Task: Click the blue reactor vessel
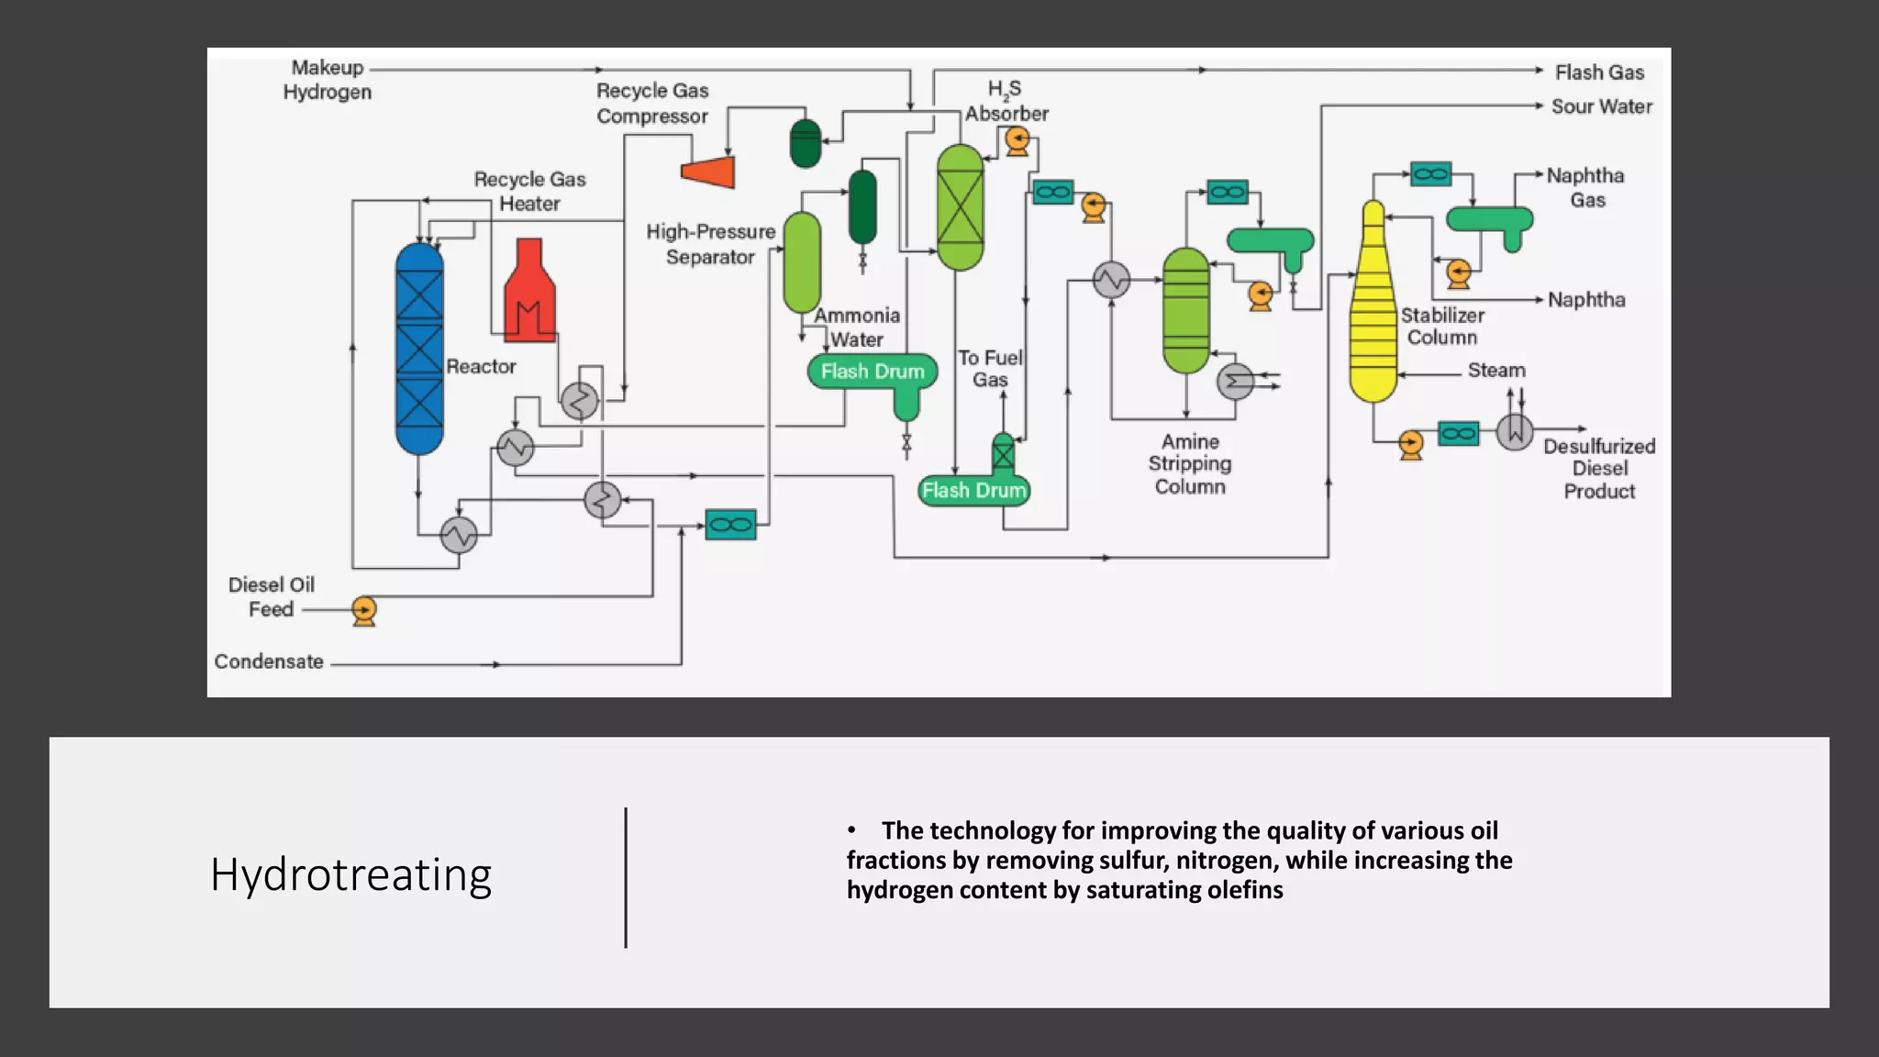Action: (x=419, y=349)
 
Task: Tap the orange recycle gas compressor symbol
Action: (x=709, y=172)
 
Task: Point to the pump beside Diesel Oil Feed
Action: (x=364, y=610)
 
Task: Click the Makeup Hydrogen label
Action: (x=328, y=80)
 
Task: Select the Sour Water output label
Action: (x=1601, y=106)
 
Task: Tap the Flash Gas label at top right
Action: (x=1599, y=72)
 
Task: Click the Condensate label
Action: (x=269, y=662)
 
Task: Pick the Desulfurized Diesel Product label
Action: (x=1599, y=469)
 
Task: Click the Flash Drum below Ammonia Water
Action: (x=873, y=372)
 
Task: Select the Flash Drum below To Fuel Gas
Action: (x=973, y=491)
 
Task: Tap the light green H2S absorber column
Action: (x=960, y=207)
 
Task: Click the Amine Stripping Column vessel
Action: (x=1185, y=310)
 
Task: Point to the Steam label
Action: (x=1496, y=371)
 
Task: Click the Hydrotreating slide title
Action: (x=350, y=874)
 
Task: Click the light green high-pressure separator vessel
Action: (x=802, y=262)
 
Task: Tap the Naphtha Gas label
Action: (x=1585, y=188)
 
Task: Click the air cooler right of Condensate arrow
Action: (x=730, y=525)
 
